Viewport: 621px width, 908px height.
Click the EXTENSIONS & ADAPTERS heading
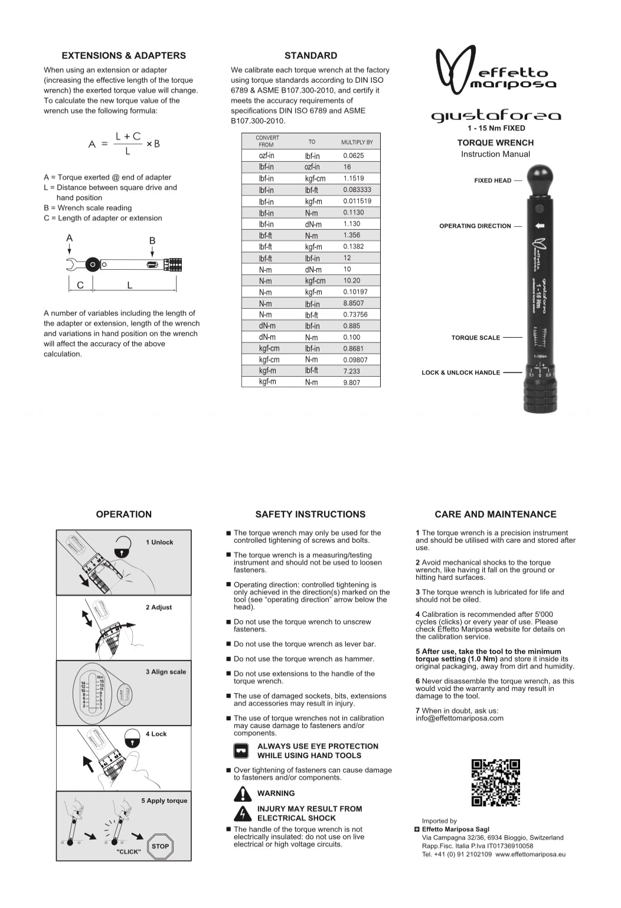(x=123, y=55)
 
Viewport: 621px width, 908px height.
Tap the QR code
(x=496, y=783)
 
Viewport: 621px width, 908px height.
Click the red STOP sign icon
(x=160, y=846)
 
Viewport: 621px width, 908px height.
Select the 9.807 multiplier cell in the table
(x=351, y=383)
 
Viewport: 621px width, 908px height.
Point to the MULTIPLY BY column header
(x=357, y=142)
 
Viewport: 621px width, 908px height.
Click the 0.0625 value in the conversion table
(x=354, y=156)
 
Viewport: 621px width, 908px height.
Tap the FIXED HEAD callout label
(x=492, y=181)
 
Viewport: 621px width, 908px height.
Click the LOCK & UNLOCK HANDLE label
(x=460, y=373)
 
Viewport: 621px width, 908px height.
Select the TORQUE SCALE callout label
(x=475, y=338)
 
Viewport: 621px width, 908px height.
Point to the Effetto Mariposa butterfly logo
(x=455, y=70)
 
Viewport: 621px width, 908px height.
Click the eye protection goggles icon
(x=241, y=751)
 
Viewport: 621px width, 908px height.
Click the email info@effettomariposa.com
(x=459, y=718)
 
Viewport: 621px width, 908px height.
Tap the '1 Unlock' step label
(x=159, y=542)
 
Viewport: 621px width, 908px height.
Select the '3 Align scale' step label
(x=165, y=672)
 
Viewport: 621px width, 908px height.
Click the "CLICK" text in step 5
(x=129, y=852)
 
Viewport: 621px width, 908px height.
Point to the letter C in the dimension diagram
(x=80, y=285)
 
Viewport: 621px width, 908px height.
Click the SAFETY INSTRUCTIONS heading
(x=310, y=514)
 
